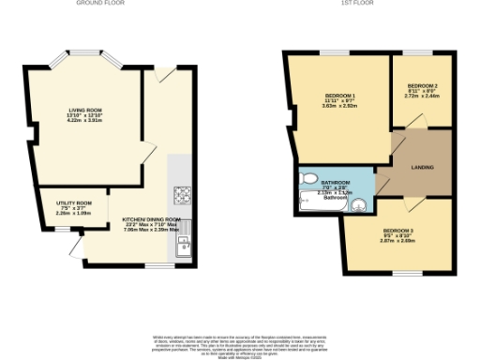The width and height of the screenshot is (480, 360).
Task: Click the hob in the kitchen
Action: (x=182, y=196)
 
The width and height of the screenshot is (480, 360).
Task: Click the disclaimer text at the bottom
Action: (x=240, y=341)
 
